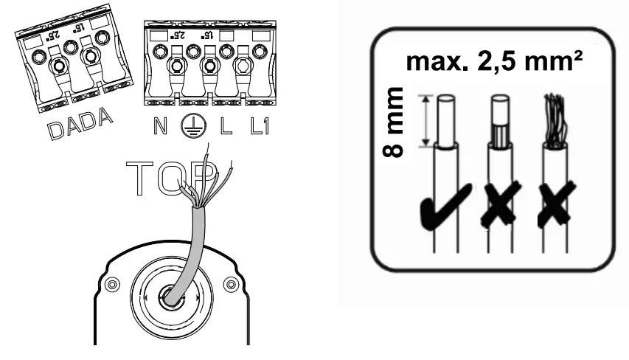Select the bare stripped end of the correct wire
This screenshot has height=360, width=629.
coord(445,118)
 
